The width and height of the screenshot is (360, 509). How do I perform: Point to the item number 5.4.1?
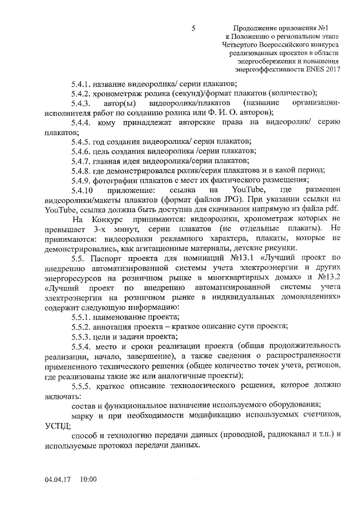tap(81, 83)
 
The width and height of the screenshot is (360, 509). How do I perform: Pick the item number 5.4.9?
tap(81, 180)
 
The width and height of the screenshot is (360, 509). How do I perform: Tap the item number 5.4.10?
tap(83, 191)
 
